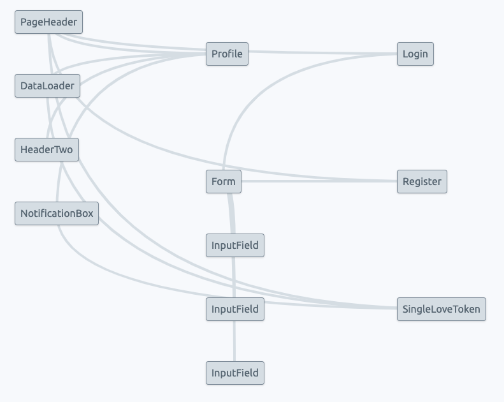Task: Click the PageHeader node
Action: pyautogui.click(x=49, y=22)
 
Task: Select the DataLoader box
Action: pyautogui.click(x=47, y=86)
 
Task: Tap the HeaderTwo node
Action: pyautogui.click(x=47, y=150)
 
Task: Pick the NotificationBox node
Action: pyautogui.click(x=57, y=214)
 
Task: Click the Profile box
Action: pyautogui.click(x=227, y=54)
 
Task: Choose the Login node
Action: pyautogui.click(x=415, y=54)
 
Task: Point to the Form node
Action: pyautogui.click(x=223, y=182)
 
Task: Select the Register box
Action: pyautogui.click(x=422, y=182)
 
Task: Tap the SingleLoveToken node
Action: pyautogui.click(x=441, y=309)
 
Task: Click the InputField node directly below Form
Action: pyautogui.click(x=234, y=246)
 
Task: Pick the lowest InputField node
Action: pyautogui.click(x=234, y=373)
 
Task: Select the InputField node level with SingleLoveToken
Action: pyautogui.click(x=234, y=309)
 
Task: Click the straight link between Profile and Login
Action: pyautogui.click(x=322, y=54)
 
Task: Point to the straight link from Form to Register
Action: pyautogui.click(x=319, y=181)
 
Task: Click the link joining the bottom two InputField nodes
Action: pyautogui.click(x=234, y=341)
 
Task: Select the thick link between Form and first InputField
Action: pyautogui.click(x=231, y=214)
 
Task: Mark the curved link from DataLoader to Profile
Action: pyautogui.click(x=127, y=66)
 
